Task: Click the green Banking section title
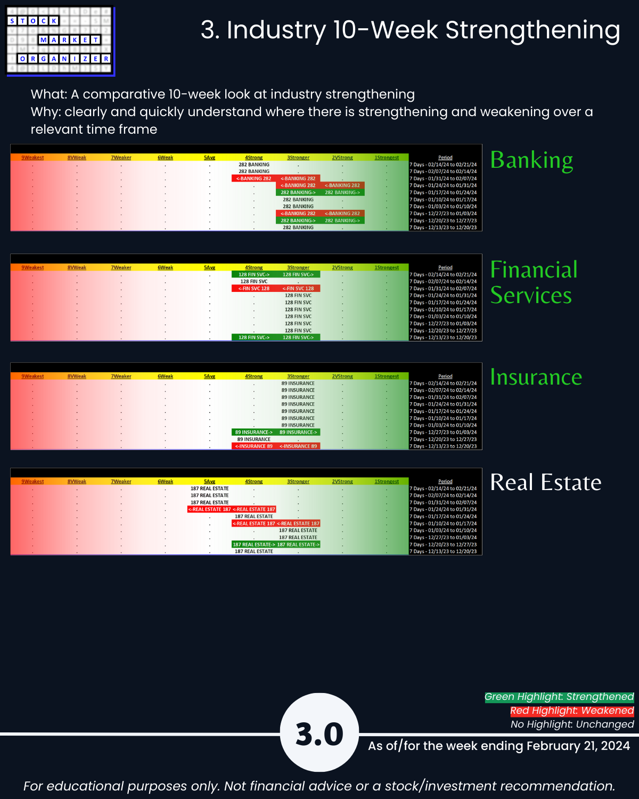coord(531,160)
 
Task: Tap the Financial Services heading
coord(534,282)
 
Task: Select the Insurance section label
coord(536,377)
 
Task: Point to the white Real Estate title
coord(545,483)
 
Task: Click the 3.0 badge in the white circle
coord(319,733)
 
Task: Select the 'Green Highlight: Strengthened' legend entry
coord(559,697)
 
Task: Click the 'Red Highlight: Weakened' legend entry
coord(572,711)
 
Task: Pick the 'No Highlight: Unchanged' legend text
coord(572,724)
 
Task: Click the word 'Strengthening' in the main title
coord(532,30)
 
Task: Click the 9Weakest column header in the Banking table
coord(32,158)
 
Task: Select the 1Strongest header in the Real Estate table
coord(387,482)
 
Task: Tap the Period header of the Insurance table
coord(445,376)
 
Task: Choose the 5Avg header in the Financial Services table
coord(209,267)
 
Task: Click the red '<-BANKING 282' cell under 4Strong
coord(254,178)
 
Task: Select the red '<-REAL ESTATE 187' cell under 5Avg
coord(209,509)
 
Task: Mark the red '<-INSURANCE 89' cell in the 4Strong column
coord(254,446)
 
